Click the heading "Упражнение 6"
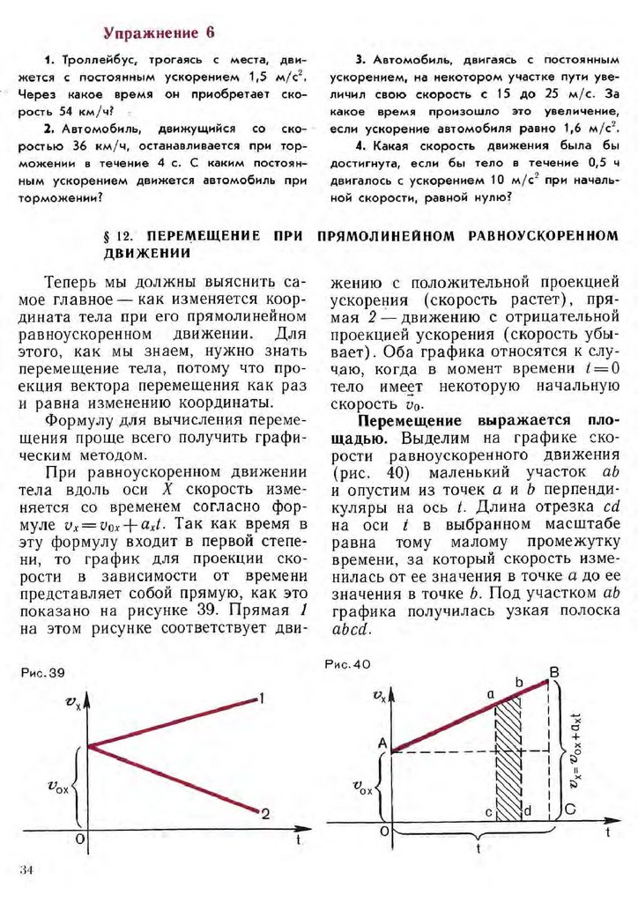(x=159, y=33)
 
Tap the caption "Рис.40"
(x=347, y=664)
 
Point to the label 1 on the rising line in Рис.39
(x=263, y=699)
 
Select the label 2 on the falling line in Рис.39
(x=265, y=814)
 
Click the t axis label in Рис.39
(x=299, y=840)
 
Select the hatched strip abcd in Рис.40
(x=507, y=758)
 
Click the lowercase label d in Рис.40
(x=527, y=810)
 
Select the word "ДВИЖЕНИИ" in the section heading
(x=148, y=253)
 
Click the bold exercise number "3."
(x=360, y=60)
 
